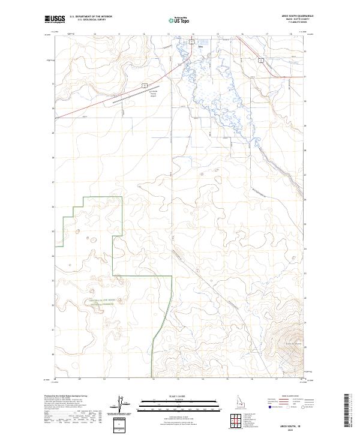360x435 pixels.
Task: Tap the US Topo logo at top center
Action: [178, 20]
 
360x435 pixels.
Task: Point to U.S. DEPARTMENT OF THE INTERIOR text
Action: [91, 17]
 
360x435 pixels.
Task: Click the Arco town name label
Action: [193, 46]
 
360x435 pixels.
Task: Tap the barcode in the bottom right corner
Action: [349, 412]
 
